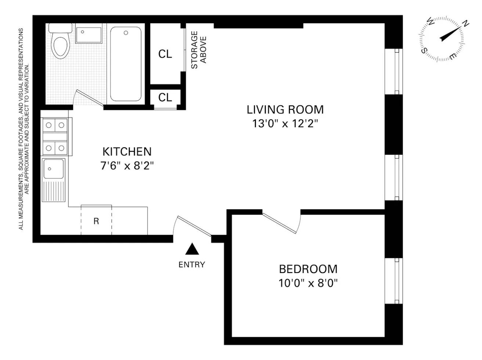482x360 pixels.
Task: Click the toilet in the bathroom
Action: [x=60, y=44]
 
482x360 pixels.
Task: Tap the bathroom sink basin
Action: [x=89, y=34]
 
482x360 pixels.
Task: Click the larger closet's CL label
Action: [x=165, y=54]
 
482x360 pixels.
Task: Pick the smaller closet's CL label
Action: [x=165, y=97]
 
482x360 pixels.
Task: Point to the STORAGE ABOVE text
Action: [x=199, y=50]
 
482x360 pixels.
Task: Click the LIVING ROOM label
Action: [x=285, y=109]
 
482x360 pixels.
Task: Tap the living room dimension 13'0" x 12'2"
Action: [x=285, y=124]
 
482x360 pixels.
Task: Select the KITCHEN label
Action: [x=127, y=151]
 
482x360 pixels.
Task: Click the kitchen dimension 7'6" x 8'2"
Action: [x=127, y=166]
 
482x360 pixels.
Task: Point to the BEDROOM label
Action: [x=308, y=269]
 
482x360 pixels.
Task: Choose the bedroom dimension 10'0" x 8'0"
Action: [x=308, y=283]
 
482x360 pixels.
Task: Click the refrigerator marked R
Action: [x=96, y=221]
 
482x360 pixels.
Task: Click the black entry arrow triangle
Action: [x=192, y=249]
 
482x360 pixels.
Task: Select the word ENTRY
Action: [x=192, y=264]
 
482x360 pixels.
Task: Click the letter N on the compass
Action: [x=465, y=24]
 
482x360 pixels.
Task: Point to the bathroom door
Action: [x=88, y=98]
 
